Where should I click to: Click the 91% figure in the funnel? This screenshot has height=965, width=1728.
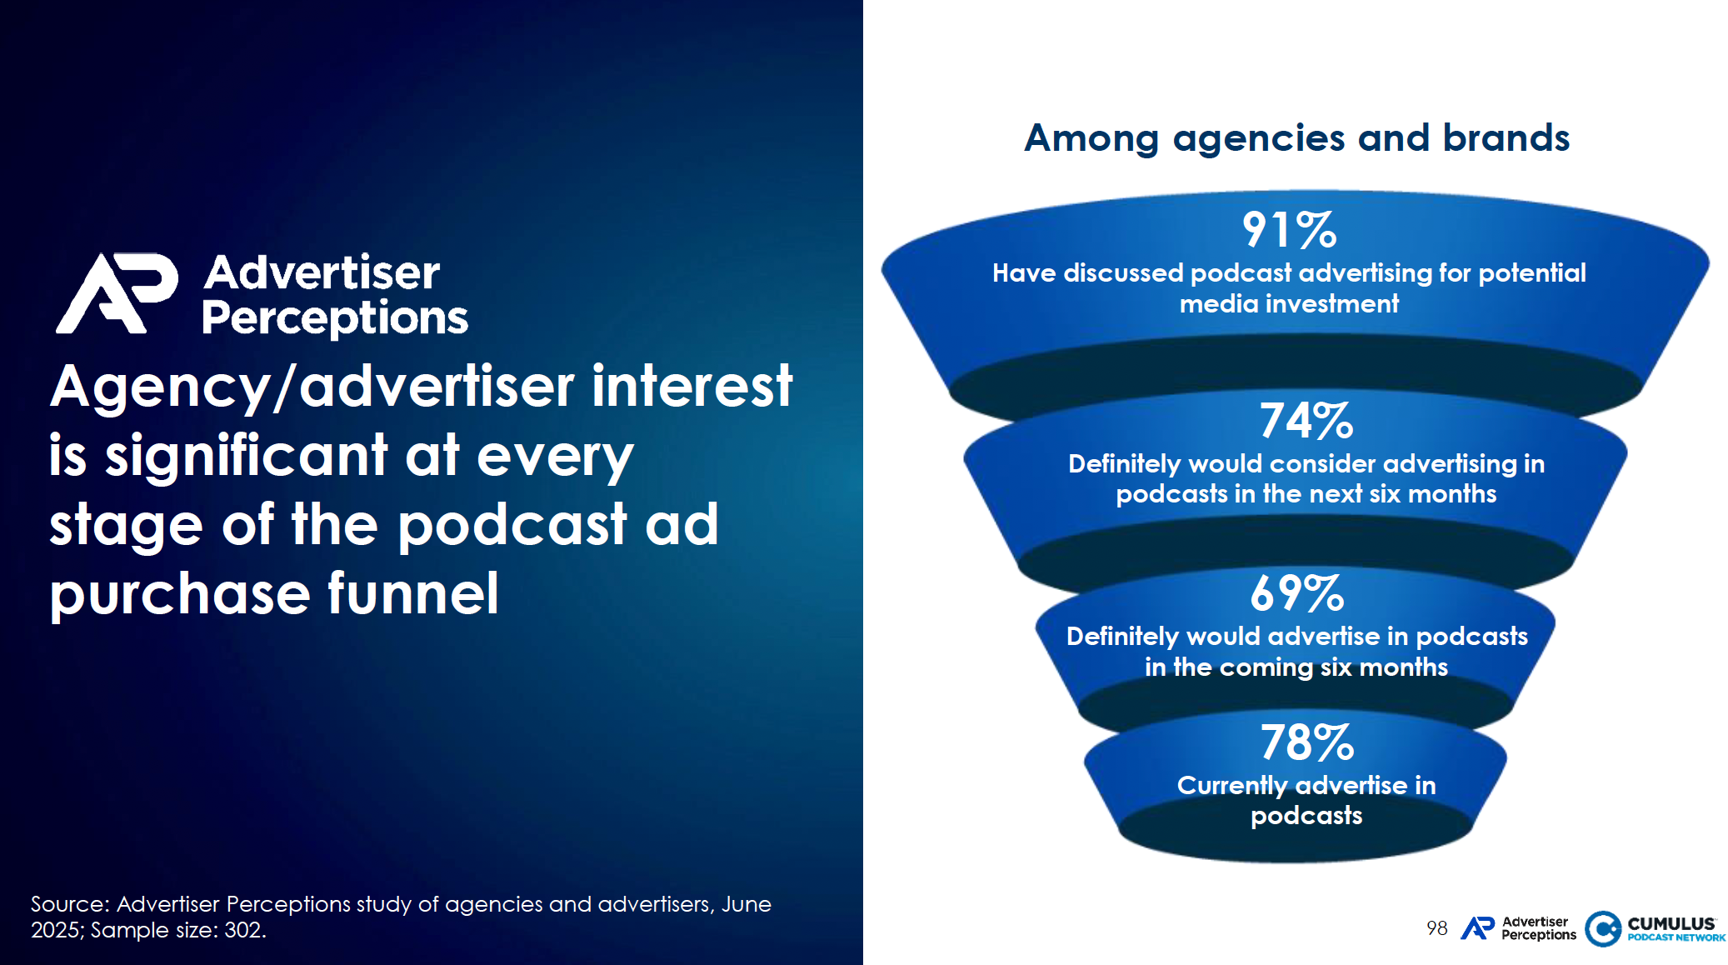[x=1289, y=230]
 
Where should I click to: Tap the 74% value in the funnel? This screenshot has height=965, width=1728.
[x=1306, y=421]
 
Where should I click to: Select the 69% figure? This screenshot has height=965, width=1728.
[x=1296, y=593]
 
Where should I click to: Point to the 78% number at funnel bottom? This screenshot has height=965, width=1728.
[x=1306, y=742]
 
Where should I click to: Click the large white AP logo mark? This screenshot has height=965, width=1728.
[x=117, y=293]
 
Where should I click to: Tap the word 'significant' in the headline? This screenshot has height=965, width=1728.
[x=246, y=456]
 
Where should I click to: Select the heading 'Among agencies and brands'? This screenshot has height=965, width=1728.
[x=1296, y=137]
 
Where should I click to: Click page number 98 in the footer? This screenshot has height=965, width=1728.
[x=1436, y=928]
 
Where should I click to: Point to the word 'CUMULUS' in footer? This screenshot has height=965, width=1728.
[x=1671, y=923]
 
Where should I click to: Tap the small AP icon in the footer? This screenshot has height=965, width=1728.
[x=1478, y=928]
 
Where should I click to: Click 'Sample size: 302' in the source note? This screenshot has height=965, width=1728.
[x=178, y=930]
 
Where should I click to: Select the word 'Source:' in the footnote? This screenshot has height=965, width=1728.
[x=70, y=904]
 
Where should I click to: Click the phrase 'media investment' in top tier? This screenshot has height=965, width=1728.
[x=1289, y=304]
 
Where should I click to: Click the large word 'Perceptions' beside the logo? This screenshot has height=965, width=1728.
[x=335, y=317]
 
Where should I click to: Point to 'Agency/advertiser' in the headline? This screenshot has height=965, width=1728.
[x=312, y=387]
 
